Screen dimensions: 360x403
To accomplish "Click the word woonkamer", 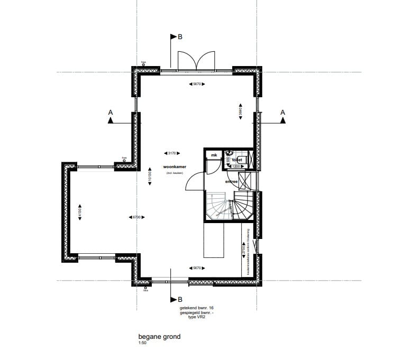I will tap(175, 167).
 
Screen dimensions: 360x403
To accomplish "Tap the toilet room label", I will tap(237, 159).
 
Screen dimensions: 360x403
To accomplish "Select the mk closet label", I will tap(214, 155).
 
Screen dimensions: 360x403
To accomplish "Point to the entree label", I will tap(232, 181).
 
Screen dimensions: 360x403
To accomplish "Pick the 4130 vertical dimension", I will tap(79, 210).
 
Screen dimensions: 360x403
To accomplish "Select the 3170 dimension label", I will tap(171, 153).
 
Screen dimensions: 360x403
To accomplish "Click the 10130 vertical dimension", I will tap(150, 177).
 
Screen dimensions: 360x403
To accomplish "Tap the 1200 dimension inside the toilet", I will tap(236, 167).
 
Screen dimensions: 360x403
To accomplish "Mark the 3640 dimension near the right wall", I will tap(240, 112).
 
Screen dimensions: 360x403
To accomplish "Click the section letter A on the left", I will tap(110, 112).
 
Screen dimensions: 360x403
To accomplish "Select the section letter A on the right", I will tap(282, 112).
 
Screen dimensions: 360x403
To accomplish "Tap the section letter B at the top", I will tap(180, 37).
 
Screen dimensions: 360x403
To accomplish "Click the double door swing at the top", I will tap(196, 60).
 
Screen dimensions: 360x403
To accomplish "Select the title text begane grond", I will tap(159, 337).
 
